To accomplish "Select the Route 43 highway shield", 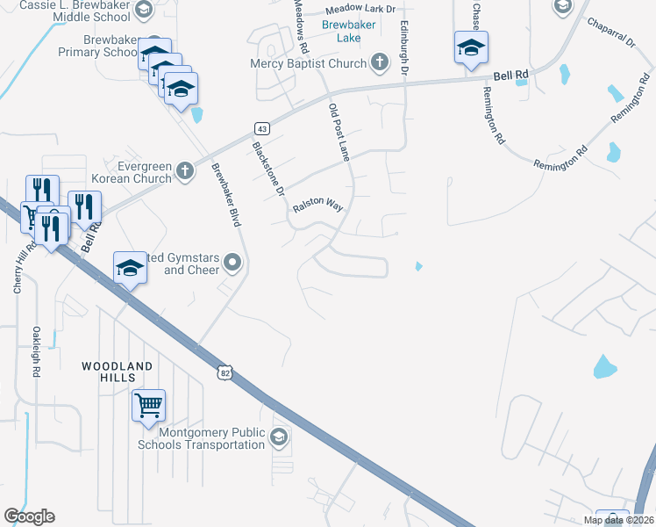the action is pos(263,129).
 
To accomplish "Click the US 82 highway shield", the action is pos(225,373).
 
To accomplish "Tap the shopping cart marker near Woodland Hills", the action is pos(148,406).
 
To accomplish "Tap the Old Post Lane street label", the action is pos(339,132).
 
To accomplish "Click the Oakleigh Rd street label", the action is pos(37,352).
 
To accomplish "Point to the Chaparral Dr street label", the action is pos(610,35).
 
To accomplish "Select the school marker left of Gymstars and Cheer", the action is pos(129,267).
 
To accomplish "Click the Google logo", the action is pos(29,516).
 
